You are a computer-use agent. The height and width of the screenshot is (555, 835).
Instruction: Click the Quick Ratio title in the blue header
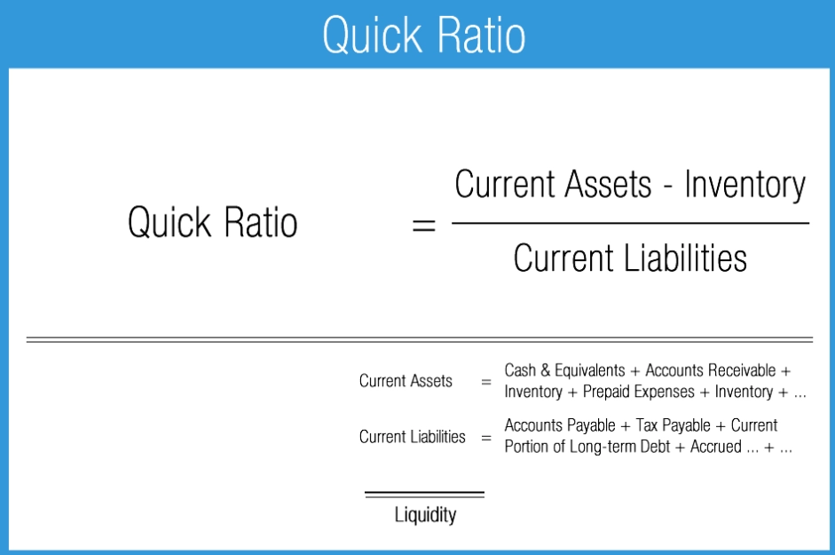click(x=423, y=35)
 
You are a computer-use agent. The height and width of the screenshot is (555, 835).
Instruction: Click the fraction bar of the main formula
click(x=630, y=223)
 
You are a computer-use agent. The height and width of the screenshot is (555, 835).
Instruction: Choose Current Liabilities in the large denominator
click(x=630, y=258)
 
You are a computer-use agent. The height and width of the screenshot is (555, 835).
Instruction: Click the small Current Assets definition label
click(x=406, y=381)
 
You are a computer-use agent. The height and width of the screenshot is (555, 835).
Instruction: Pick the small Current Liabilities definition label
click(x=412, y=436)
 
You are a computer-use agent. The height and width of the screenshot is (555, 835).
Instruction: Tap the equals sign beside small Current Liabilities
click(x=485, y=438)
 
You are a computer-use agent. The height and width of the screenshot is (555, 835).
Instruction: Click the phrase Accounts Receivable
click(x=710, y=370)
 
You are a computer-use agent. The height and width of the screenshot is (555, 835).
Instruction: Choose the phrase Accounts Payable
click(x=560, y=425)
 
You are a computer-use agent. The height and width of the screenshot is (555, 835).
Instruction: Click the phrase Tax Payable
click(x=673, y=425)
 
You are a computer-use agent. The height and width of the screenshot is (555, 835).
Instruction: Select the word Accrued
click(x=714, y=447)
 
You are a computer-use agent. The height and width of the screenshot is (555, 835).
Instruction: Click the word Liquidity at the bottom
click(x=425, y=514)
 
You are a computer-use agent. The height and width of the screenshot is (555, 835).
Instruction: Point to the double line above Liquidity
click(x=425, y=494)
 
